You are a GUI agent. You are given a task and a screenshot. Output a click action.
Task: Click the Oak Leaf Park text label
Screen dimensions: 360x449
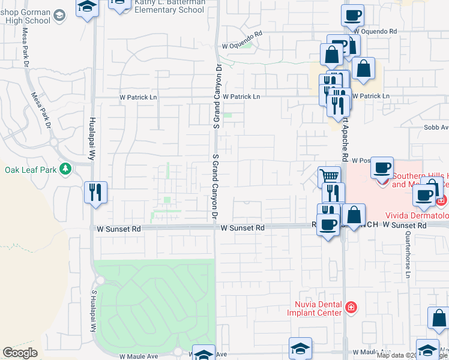(31, 170)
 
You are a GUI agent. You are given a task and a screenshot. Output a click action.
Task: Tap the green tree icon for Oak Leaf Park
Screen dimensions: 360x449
(65, 169)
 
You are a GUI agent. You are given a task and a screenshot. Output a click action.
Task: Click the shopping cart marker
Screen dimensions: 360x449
(328, 176)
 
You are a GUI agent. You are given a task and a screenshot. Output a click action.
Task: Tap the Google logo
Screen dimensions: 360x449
(20, 353)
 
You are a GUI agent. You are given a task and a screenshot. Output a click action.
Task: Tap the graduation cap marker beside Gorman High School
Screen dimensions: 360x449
(88, 8)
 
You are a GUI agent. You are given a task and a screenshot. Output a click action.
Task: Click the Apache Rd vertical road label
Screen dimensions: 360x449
(345, 139)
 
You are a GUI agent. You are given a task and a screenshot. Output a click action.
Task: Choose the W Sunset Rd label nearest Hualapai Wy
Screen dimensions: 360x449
(119, 229)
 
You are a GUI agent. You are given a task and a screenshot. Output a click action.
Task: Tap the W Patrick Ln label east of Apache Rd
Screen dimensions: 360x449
(371, 96)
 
